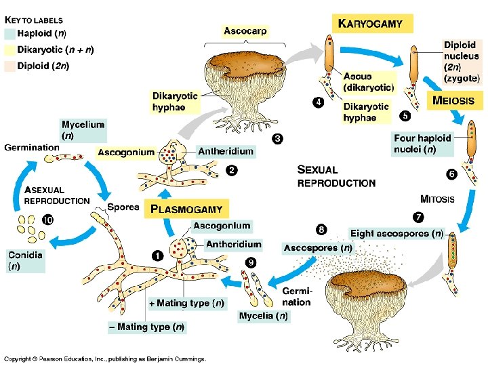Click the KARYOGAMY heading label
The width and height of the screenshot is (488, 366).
371,24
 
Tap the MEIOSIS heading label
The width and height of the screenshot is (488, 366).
458,102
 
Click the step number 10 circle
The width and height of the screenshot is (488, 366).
48,220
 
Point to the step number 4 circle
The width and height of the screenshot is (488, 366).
317,102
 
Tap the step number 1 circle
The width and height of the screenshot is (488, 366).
157,256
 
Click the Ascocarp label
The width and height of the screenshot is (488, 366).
245,31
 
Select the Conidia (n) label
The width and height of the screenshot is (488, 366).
25,261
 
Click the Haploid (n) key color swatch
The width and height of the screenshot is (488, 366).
9,33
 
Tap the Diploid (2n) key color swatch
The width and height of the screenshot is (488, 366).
9,66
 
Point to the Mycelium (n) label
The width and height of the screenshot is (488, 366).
83,129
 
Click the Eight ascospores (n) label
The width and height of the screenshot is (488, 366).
396,234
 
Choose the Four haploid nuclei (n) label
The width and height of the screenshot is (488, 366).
422,144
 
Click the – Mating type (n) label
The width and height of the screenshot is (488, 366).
146,327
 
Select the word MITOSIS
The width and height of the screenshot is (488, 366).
437,199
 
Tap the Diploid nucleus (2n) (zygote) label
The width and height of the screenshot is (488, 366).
462,62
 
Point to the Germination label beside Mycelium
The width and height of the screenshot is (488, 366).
32,147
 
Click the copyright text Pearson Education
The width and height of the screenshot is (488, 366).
105,359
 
